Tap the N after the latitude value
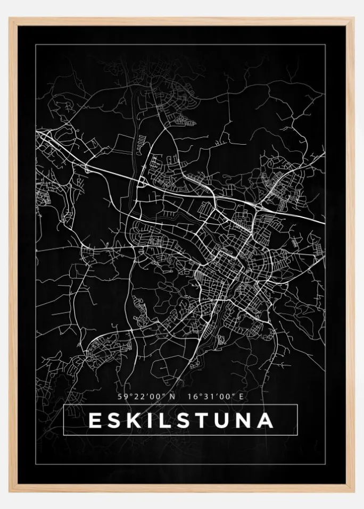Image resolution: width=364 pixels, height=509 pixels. (x=172, y=396)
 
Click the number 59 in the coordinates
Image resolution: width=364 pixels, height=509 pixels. (x=122, y=396)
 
